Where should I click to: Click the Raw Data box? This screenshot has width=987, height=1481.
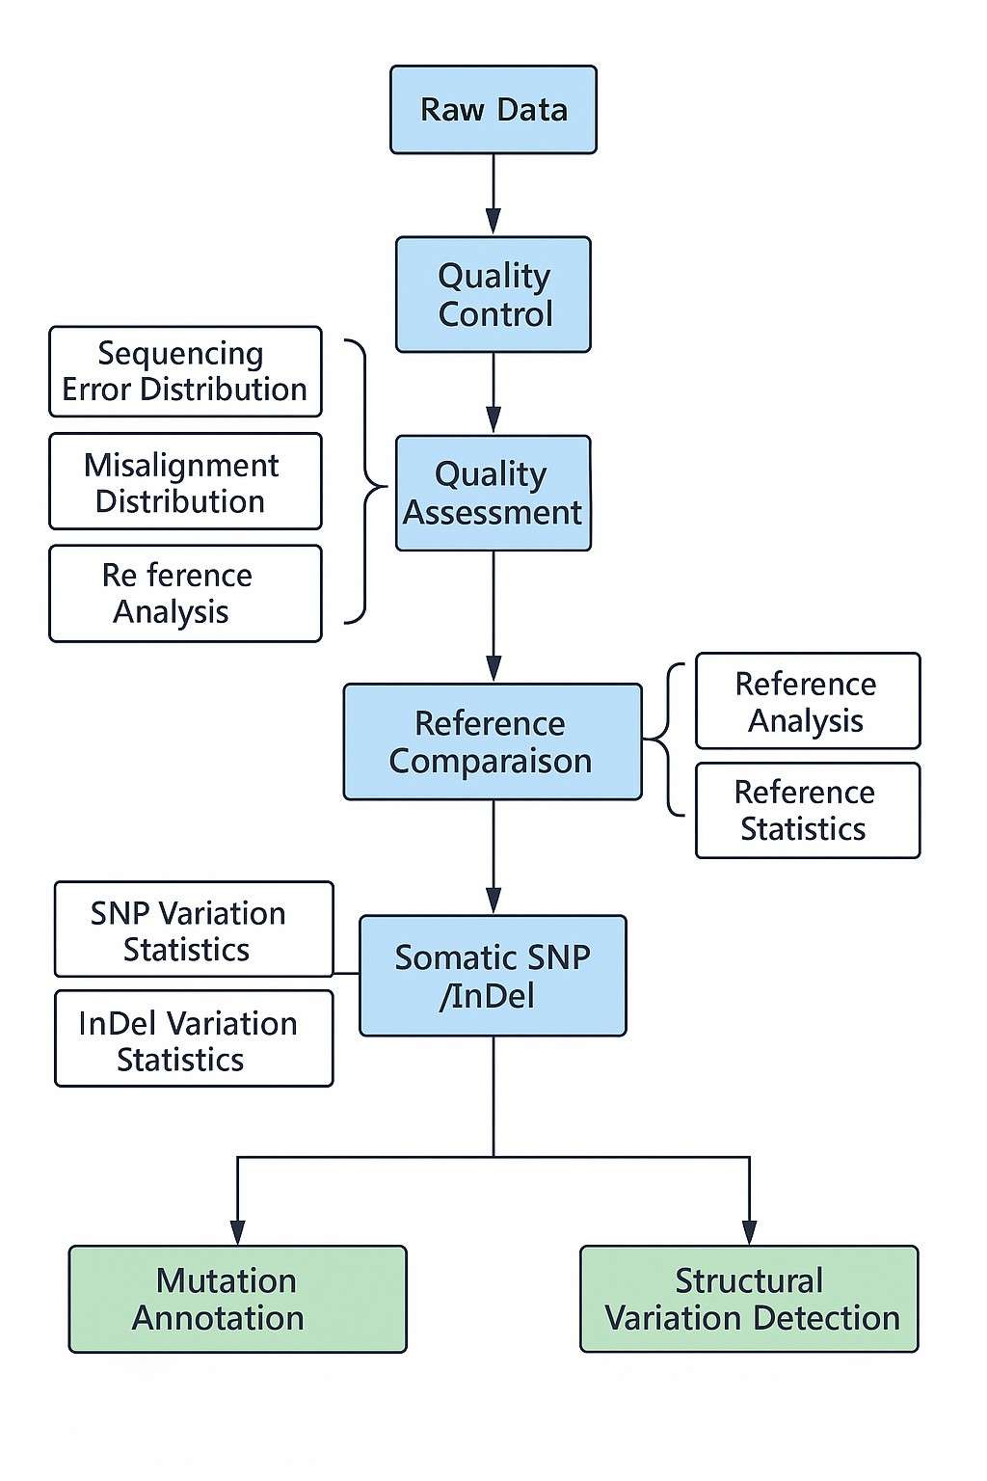[x=493, y=109]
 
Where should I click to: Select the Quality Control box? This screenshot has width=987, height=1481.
[x=493, y=294]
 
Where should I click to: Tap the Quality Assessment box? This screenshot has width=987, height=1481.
[x=493, y=493]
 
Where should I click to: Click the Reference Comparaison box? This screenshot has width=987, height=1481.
[x=492, y=741]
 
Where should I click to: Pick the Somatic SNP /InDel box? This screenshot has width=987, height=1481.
[x=493, y=976]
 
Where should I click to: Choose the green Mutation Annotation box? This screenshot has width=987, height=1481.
[x=237, y=1299]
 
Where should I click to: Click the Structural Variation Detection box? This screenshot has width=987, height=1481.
[x=749, y=1299]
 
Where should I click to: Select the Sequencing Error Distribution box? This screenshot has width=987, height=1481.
[x=185, y=371]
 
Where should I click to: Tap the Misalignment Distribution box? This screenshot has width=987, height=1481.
[x=185, y=481]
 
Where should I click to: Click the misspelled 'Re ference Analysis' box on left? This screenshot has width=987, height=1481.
[x=185, y=593]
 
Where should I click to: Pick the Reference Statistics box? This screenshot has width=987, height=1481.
[x=807, y=810]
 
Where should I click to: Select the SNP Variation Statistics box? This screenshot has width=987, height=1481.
[x=194, y=929]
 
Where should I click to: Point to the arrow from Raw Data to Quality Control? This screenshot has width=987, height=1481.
[x=493, y=193]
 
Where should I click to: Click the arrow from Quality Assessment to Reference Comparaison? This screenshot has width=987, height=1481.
[x=493, y=617]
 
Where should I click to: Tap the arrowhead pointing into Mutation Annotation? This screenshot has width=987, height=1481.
[x=237, y=1231]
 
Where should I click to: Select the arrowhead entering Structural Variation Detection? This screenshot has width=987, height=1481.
[x=749, y=1231]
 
